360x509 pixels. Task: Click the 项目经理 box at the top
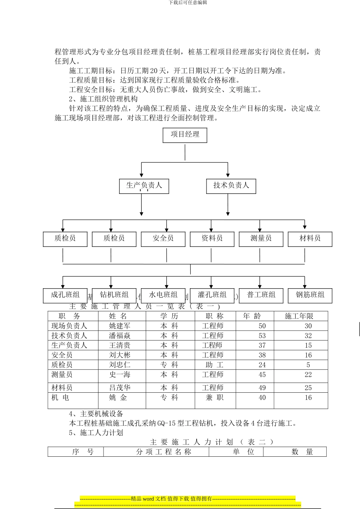(x=185, y=135)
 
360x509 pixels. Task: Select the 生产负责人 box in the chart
(x=144, y=186)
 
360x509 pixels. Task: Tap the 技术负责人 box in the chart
(x=231, y=186)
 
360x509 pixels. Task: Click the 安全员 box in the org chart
(x=163, y=239)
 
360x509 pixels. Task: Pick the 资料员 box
(x=212, y=239)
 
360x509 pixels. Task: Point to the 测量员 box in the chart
(x=261, y=239)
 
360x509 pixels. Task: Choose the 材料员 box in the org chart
(x=310, y=239)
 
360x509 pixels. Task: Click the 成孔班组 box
(x=65, y=295)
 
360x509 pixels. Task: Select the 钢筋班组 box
(x=310, y=295)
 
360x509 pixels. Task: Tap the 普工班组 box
(x=261, y=295)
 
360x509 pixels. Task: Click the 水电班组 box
(x=163, y=295)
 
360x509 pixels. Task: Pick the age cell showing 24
(x=262, y=365)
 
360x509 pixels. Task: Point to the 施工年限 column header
(x=299, y=316)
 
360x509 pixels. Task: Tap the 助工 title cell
(x=214, y=365)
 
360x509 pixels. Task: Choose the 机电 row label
(x=61, y=398)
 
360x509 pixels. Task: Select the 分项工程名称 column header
(x=164, y=452)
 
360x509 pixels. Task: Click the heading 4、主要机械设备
(x=96, y=414)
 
